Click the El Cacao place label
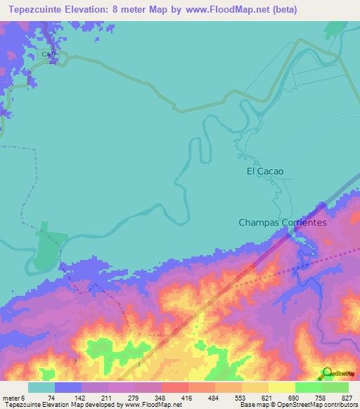point(264,171)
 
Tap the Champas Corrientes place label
point(283,222)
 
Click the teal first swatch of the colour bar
point(41,387)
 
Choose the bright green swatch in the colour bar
point(309,387)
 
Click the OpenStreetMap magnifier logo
point(326,373)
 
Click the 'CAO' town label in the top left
point(48,54)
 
